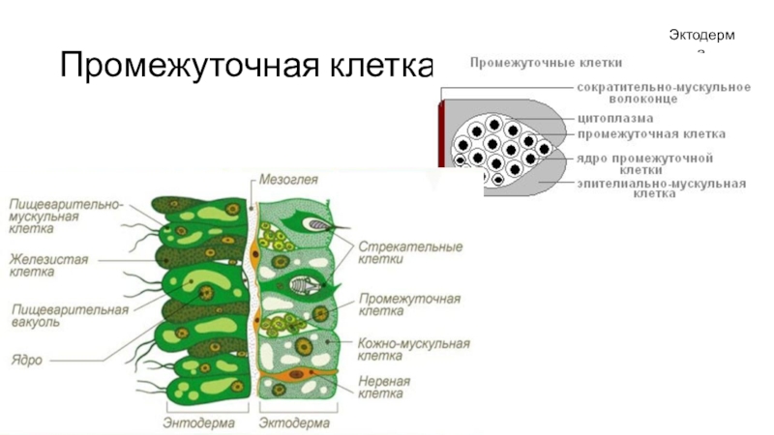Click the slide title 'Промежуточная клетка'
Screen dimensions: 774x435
pyautogui.click(x=248, y=66)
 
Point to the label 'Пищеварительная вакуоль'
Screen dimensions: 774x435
pyautogui.click(x=69, y=315)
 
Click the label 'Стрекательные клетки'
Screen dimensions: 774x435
pyautogui.click(x=409, y=252)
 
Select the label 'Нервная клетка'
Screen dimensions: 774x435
pyautogui.click(x=384, y=388)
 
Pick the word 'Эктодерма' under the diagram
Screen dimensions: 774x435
pyautogui.click(x=295, y=422)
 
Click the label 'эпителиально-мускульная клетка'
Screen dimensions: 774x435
pyautogui.click(x=661, y=188)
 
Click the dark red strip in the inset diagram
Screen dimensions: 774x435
pyautogui.click(x=443, y=135)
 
